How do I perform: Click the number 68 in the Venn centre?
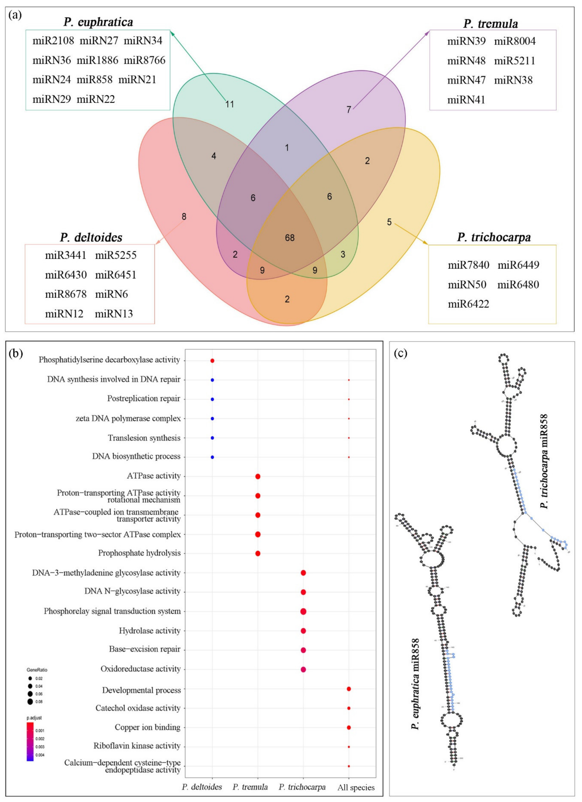coord(290,238)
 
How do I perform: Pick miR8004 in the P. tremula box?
coord(515,41)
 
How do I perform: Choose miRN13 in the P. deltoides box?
coord(114,314)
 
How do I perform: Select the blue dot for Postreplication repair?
coord(212,399)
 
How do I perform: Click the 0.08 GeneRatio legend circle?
coord(30,702)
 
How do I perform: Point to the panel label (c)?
coord(401,353)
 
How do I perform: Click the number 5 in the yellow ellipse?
coord(389,222)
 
